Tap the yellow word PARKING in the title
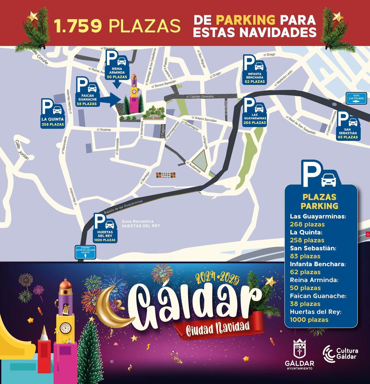pyautogui.click(x=245, y=20)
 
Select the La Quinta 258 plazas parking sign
pyautogui.click(x=53, y=114)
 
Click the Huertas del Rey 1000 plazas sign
pyautogui.click(x=105, y=229)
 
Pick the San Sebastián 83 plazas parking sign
pyautogui.click(x=348, y=126)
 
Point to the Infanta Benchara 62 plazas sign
pyautogui.click(x=254, y=70)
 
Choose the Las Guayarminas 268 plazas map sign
pyautogui.click(x=255, y=111)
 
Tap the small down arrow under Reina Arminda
pyautogui.click(x=116, y=84)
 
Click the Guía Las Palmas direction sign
pyautogui.click(x=356, y=98)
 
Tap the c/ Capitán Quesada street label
pyautogui.click(x=199, y=97)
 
